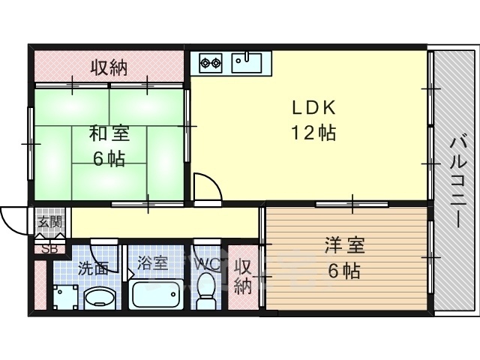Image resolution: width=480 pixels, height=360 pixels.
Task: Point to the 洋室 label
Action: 344,245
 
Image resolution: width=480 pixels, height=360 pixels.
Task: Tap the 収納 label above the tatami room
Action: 109,67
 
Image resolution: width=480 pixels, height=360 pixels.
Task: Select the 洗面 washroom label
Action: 93,266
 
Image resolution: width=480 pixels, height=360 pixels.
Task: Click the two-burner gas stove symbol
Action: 210,62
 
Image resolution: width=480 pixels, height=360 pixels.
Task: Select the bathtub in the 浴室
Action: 157,293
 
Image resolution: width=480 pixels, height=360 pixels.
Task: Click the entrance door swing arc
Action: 13,219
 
